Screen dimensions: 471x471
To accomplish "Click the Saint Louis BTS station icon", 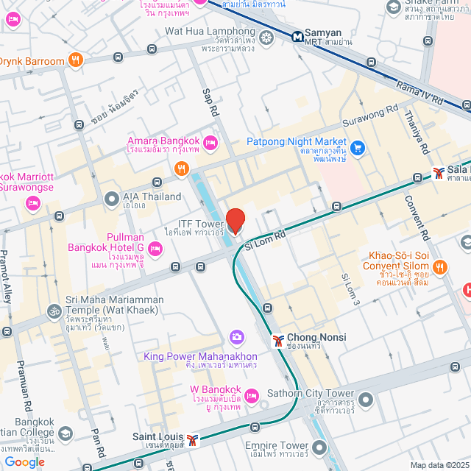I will (193, 440).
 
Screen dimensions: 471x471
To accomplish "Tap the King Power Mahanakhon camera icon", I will (236, 337).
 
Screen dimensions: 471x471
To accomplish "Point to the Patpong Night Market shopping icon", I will (358, 148).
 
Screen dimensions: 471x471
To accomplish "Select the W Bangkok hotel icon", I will (251, 395).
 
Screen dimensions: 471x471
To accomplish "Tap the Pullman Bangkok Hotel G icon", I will (155, 251).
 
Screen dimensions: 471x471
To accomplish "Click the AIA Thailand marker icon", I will (111, 197).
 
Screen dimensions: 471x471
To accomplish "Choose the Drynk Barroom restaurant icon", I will (75, 60).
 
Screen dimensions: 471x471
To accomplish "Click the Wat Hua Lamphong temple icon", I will (266, 37).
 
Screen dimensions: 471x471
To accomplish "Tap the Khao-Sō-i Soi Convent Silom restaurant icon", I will (439, 266).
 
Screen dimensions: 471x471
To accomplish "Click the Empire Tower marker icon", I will (319, 446).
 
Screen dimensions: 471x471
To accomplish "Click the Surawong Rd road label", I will (370, 118).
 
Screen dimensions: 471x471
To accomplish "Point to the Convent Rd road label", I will (416, 218).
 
